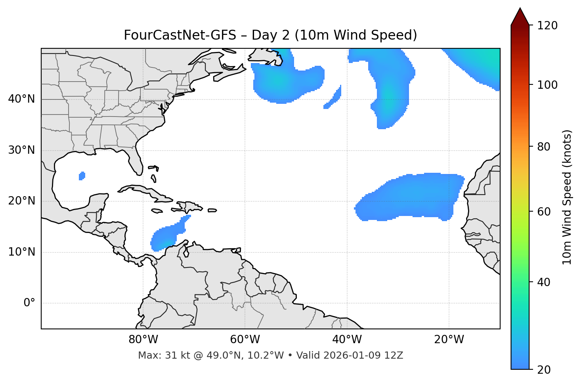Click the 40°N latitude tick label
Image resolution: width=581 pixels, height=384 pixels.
[x=21, y=99]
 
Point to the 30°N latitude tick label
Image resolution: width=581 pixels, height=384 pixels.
[x=21, y=150]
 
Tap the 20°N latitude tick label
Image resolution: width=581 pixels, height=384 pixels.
[x=21, y=201]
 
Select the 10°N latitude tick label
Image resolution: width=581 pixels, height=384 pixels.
[x=21, y=252]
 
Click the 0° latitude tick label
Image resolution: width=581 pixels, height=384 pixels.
[x=29, y=303]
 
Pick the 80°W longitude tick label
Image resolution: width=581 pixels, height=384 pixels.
[x=143, y=340]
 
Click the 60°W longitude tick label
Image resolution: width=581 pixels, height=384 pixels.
[x=245, y=340]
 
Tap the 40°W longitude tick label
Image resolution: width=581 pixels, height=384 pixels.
[x=347, y=340]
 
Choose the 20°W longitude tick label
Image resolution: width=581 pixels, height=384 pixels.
[x=449, y=340]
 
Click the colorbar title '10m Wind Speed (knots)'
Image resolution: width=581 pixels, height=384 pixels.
[x=567, y=197]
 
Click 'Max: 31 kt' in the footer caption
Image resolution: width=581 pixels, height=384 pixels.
[x=158, y=355]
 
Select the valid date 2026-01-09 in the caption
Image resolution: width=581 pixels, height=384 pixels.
[x=353, y=355]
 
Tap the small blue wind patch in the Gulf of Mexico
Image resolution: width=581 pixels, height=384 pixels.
[x=82, y=176]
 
